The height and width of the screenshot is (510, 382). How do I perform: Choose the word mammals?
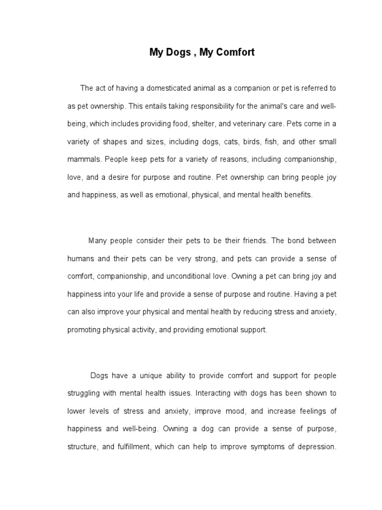click(84, 160)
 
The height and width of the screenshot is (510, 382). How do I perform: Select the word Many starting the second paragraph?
click(98, 241)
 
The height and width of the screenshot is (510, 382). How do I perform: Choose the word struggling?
click(84, 393)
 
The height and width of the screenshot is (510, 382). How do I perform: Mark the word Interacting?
click(213, 393)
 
